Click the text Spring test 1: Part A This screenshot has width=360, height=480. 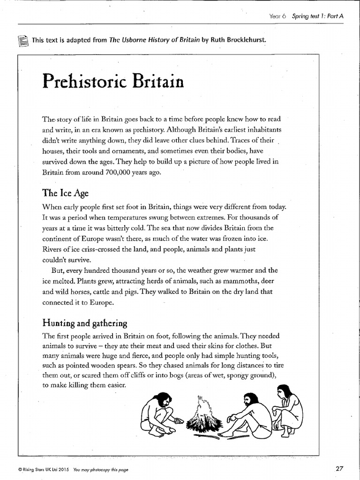[x=318, y=16]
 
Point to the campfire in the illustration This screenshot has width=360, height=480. [x=204, y=415]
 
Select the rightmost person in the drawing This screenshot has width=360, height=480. [x=287, y=408]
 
